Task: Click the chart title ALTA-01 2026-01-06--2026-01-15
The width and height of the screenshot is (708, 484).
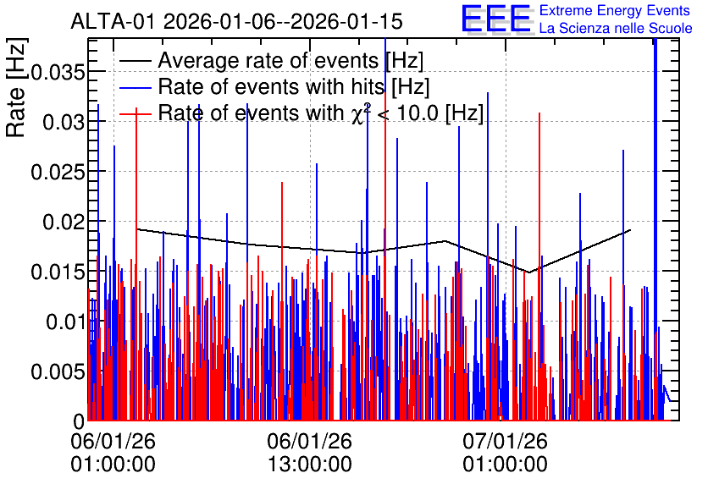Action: point(236,21)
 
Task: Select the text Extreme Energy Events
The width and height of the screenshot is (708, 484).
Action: point(615,10)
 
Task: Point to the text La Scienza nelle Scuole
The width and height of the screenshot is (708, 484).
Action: point(616,28)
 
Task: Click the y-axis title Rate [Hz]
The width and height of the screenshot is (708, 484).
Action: point(16,87)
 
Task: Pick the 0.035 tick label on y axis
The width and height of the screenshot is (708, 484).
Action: point(58,72)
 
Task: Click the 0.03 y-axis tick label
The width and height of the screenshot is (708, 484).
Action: point(64,122)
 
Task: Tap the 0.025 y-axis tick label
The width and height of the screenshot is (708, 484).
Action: point(58,172)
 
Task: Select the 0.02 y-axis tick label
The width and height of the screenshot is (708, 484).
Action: point(64,222)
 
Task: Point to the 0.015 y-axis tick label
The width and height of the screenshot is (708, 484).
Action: point(58,272)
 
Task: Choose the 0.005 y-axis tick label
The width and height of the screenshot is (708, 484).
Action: point(58,372)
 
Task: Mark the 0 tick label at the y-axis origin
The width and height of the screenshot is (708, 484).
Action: point(79,421)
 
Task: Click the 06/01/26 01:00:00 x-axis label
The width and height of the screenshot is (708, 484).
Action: point(113,452)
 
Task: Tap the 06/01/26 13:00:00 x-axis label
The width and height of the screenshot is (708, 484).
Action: point(309,452)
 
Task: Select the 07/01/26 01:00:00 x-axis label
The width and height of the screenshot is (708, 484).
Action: point(505,452)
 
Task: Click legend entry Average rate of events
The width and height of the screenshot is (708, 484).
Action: point(271,60)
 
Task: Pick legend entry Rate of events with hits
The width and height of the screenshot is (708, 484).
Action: point(274,86)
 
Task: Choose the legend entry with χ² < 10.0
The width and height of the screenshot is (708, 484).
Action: point(301,113)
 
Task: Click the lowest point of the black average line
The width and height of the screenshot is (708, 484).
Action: point(528,272)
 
